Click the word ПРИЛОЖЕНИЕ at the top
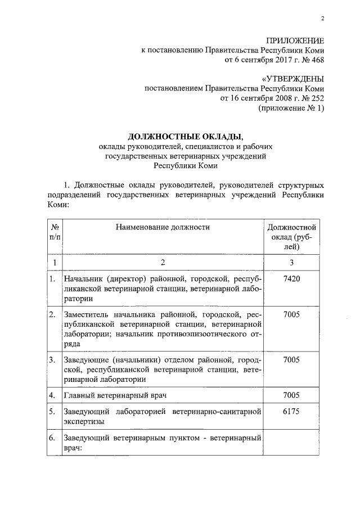coord(295,40)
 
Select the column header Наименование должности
coord(163,227)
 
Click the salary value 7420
coord(291,279)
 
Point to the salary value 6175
coord(291,412)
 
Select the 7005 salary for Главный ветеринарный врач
coord(291,395)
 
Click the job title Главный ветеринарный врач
coord(116,395)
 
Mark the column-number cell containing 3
coord(291,263)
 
